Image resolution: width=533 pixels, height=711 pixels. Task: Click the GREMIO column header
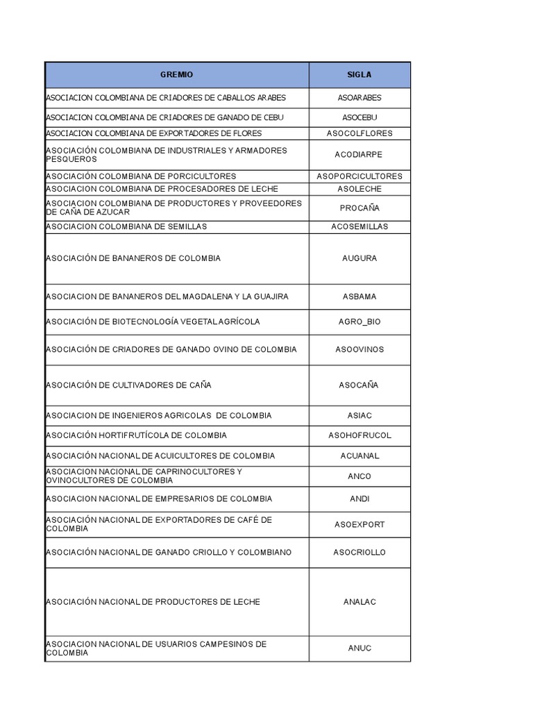[x=177, y=74]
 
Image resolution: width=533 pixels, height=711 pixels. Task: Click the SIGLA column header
[x=359, y=74]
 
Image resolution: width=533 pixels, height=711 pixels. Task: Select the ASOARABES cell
[x=359, y=98]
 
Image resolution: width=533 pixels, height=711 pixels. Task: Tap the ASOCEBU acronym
[x=359, y=117]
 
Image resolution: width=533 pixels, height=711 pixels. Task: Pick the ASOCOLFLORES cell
[x=359, y=133]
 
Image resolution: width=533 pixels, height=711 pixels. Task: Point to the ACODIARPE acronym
[x=359, y=155]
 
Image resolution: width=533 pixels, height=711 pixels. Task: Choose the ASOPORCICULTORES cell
[x=359, y=176]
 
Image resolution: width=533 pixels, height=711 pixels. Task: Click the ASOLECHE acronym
[x=359, y=189]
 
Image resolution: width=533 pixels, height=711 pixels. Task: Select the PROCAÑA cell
[x=359, y=208]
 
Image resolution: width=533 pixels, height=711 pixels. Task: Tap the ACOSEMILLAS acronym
[x=359, y=227]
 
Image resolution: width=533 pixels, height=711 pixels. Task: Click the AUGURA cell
[x=359, y=258]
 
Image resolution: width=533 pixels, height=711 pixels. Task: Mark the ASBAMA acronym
[x=359, y=296]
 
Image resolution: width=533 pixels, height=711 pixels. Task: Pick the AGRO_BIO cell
[x=359, y=322]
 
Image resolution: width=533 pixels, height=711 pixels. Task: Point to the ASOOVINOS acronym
[x=359, y=349]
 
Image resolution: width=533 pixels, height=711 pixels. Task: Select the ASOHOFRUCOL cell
[x=359, y=435]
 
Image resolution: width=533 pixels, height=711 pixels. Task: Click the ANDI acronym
[x=359, y=499]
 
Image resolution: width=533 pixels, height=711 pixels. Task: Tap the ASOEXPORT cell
[x=359, y=525]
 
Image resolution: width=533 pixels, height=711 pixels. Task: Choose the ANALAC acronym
[x=359, y=602]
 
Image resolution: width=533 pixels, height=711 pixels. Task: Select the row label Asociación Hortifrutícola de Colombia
[x=136, y=435]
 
